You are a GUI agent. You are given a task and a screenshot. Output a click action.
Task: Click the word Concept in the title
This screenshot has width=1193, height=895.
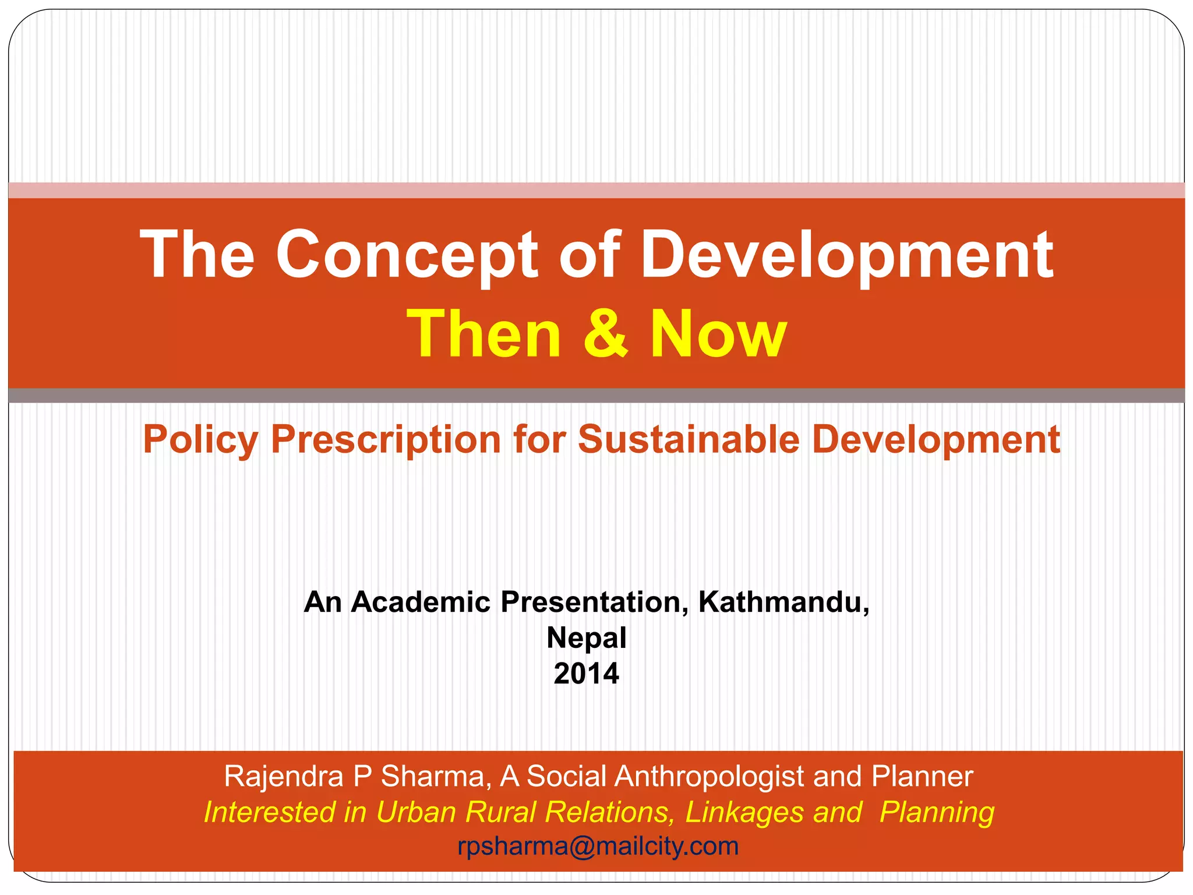[407, 255]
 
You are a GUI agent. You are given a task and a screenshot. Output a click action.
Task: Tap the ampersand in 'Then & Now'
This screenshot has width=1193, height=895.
[606, 333]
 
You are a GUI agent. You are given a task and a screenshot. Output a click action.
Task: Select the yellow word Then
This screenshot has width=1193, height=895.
[484, 333]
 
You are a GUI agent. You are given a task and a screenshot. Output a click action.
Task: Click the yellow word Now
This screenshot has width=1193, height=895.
[718, 333]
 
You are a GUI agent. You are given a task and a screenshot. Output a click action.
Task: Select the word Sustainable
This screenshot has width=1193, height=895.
[688, 439]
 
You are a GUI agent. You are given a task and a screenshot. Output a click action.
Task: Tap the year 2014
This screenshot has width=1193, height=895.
[586, 674]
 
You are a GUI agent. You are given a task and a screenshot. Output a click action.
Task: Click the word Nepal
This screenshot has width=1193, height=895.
[586, 638]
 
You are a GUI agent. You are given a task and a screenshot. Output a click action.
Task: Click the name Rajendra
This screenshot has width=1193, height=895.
[284, 777]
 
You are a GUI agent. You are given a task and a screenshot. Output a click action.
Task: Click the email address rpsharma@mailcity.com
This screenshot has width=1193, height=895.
[598, 846]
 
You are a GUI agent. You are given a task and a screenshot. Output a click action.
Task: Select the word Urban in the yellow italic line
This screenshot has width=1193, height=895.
[415, 812]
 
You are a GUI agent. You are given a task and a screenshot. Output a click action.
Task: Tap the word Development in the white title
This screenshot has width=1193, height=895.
[846, 255]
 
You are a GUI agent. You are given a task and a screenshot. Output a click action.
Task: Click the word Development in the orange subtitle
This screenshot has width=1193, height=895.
[936, 439]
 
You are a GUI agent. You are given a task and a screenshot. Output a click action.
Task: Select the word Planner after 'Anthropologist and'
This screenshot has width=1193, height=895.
[922, 777]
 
